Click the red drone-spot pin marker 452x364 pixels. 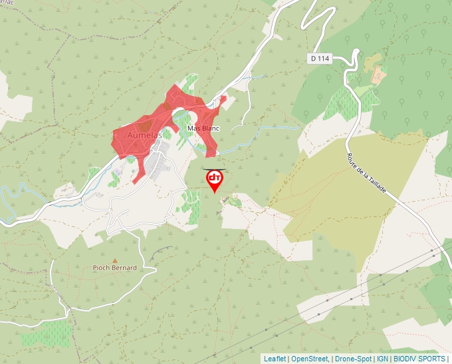click(215, 180)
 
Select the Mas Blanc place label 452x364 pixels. click(203, 128)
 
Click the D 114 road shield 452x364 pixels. click(320, 59)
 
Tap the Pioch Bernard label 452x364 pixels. click(114, 268)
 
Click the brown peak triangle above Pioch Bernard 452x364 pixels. click(114, 261)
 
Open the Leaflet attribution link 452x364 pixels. click(275, 359)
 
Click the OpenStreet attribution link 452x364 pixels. click(310, 359)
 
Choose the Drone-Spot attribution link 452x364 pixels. click(353, 359)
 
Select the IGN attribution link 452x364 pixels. click(382, 359)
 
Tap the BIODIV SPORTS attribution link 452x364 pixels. click(419, 359)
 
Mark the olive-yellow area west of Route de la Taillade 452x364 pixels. click(352, 200)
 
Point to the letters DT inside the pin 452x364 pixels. click(215, 178)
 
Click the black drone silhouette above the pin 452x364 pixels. click(215, 169)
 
